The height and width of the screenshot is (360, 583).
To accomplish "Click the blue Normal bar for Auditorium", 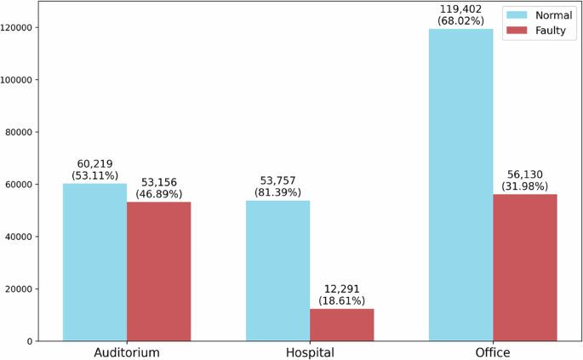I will tap(94, 262).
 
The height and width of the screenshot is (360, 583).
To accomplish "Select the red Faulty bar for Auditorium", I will tap(158, 271).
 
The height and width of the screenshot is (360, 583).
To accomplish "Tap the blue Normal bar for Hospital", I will tap(277, 271).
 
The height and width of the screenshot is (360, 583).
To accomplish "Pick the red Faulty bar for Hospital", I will tap(341, 324).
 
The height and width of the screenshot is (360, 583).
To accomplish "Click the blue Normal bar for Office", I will tap(460, 185).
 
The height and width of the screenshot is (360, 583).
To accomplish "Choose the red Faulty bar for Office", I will tap(524, 267).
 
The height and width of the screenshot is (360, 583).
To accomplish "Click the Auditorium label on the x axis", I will tap(126, 351).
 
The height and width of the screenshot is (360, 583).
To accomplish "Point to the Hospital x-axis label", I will tap(309, 351).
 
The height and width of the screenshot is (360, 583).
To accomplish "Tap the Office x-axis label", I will tap(492, 351).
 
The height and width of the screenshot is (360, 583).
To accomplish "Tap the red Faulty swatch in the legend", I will tap(516, 30).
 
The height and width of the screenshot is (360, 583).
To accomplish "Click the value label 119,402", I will tap(460, 9).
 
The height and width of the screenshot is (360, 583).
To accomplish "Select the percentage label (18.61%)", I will tap(341, 300).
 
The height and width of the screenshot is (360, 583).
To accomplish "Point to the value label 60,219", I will tap(94, 163).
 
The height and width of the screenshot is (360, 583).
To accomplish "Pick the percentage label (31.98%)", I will tap(524, 186).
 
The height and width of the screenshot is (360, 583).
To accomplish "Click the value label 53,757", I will tap(277, 180).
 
